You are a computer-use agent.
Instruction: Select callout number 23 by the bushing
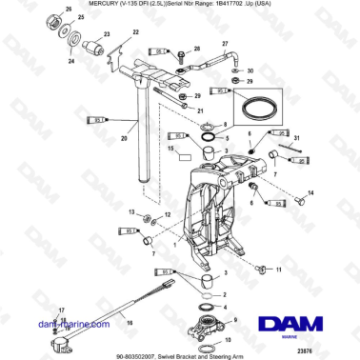pyautogui.click(x=107, y=34)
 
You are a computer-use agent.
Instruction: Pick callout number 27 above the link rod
pyautogui.click(x=226, y=44)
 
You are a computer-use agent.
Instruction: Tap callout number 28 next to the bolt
pyautogui.click(x=197, y=48)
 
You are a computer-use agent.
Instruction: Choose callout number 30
pyautogui.click(x=250, y=71)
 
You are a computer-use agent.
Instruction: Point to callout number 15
pyautogui.click(x=170, y=150)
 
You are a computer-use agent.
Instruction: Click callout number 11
pyautogui.click(x=278, y=270)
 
